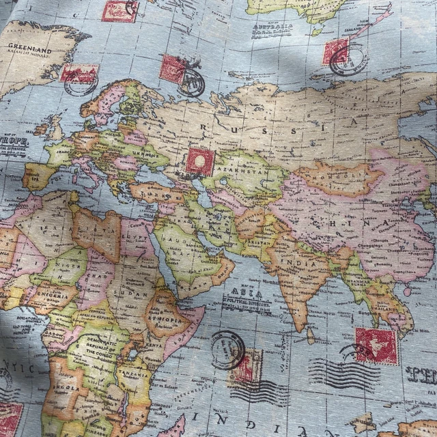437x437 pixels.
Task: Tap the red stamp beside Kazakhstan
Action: pos(200,160)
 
